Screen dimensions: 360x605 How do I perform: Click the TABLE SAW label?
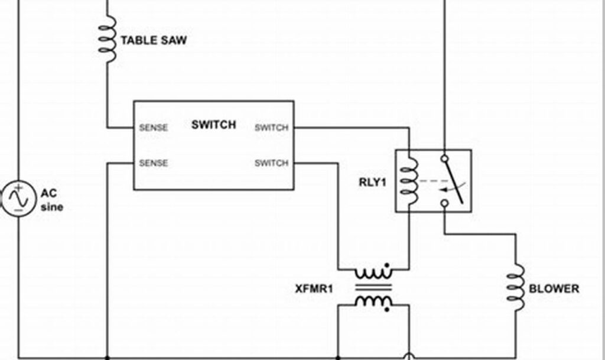coord(154,41)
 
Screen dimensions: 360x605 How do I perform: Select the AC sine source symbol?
coord(18,199)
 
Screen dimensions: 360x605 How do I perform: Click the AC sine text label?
coord(51,200)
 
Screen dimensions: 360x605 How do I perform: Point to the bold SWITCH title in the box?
coord(213,125)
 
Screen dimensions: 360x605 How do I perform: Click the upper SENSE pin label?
coord(153,128)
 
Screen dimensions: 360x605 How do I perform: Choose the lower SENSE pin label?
coord(153,163)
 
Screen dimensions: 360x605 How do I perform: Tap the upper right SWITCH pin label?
coord(271,128)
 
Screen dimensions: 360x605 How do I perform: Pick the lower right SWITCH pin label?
coord(271,163)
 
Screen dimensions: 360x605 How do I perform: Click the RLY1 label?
coord(372,182)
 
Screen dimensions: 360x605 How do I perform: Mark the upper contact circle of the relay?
coord(444,158)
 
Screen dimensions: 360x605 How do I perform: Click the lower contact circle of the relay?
coord(444,203)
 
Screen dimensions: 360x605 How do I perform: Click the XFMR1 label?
coord(314,289)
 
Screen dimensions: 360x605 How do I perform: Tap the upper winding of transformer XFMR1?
coord(373,274)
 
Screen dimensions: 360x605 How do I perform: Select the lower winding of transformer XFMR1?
coord(373,301)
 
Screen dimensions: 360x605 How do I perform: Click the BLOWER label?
coord(554,289)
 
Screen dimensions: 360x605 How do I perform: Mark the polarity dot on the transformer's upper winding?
coord(387,265)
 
